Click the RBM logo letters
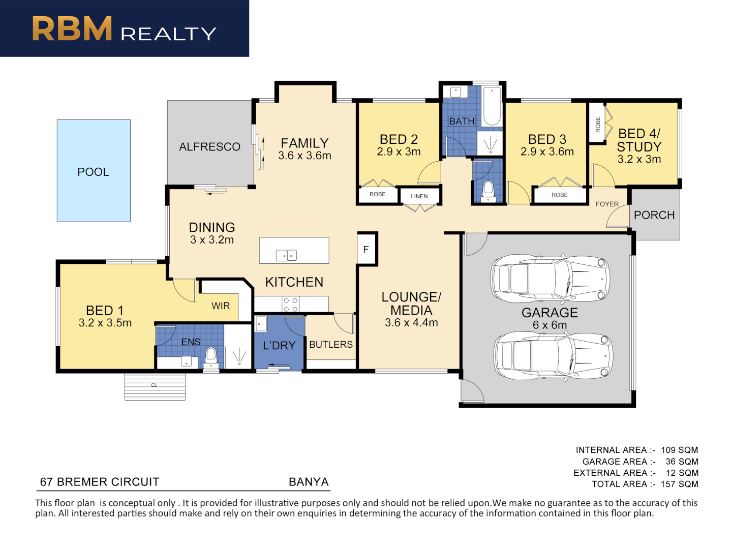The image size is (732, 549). pos(72,28)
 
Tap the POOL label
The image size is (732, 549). pos(93,172)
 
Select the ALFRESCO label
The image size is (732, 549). pos(209,147)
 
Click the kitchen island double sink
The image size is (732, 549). pos(286,255)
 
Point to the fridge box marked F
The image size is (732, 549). pos(367,249)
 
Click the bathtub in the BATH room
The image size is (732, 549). pos(492,106)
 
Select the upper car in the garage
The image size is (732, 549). pos(550,279)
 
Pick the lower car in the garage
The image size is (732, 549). pos(552,356)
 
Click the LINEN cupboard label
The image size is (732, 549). pos(419,196)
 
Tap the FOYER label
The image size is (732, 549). pos(607,204)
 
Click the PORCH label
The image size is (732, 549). pos(654,215)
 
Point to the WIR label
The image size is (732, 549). pos(221,306)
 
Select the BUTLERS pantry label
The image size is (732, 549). pos(331,344)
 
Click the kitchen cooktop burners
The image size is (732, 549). pos(290,304)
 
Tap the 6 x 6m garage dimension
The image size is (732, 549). pos(550,325)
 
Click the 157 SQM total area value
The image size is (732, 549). pos(679,484)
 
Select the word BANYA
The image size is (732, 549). pos(309,482)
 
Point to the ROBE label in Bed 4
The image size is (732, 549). pos(598,125)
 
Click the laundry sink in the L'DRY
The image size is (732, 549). pos(261,324)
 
